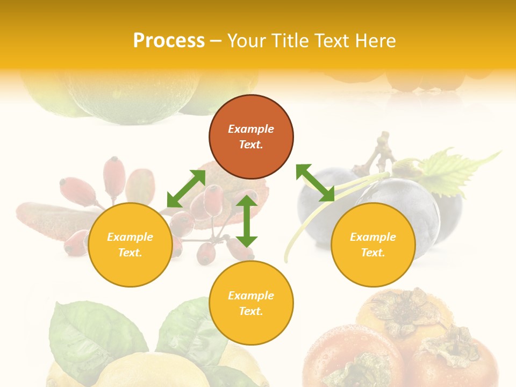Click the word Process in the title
[x=169, y=41]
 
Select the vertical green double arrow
[x=247, y=221]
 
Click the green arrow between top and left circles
[x=186, y=189]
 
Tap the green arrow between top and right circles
[x=316, y=183]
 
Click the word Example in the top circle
[x=251, y=129]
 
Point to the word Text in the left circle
[x=130, y=253]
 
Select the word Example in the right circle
[x=373, y=237]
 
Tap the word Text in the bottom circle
[x=251, y=311]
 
